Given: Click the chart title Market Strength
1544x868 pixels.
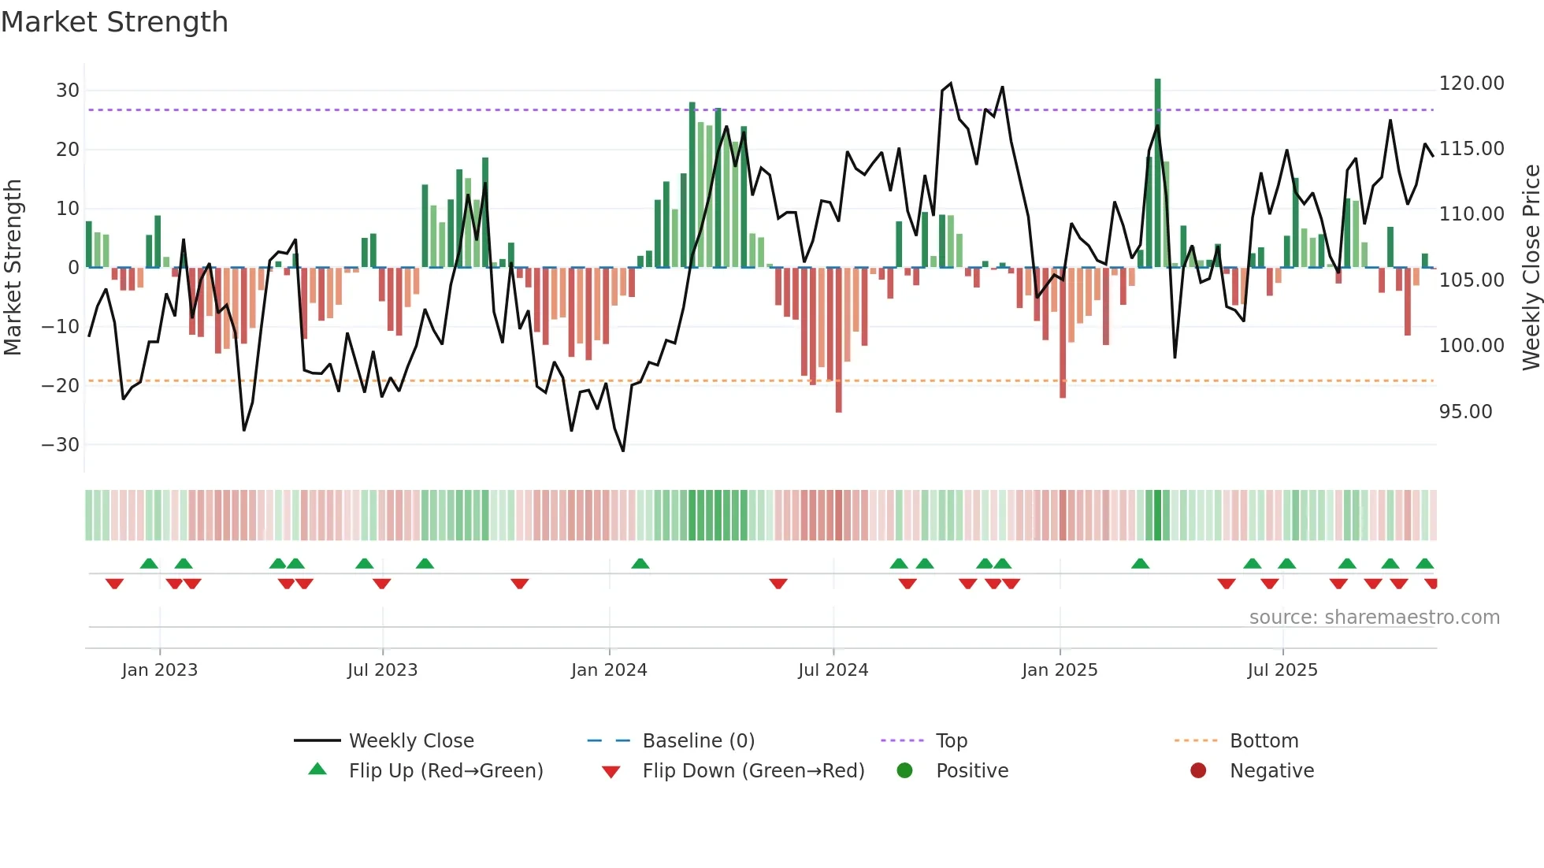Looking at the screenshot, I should pyautogui.click(x=115, y=22).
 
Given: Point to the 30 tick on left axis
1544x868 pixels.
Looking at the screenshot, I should pyautogui.click(x=68, y=91).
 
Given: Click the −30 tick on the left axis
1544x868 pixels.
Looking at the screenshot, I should pyautogui.click(x=61, y=445).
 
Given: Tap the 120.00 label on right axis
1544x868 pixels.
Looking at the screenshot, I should pyautogui.click(x=1471, y=83).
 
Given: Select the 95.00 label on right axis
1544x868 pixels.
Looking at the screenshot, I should pyautogui.click(x=1465, y=412).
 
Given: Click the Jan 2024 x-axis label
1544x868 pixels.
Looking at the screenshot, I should pyautogui.click(x=609, y=670).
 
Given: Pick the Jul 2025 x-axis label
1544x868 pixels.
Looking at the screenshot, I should pyautogui.click(x=1282, y=670).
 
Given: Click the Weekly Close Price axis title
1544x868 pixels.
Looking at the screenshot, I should pyautogui.click(x=1531, y=268).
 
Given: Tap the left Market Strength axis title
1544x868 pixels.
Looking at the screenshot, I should pyautogui.click(x=13, y=268).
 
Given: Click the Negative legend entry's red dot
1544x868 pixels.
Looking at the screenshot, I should pyautogui.click(x=1198, y=771).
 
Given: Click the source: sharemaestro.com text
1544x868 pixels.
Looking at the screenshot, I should pyautogui.click(x=1374, y=618).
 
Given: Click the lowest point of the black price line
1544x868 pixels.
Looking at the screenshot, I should pyautogui.click(x=623, y=451).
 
